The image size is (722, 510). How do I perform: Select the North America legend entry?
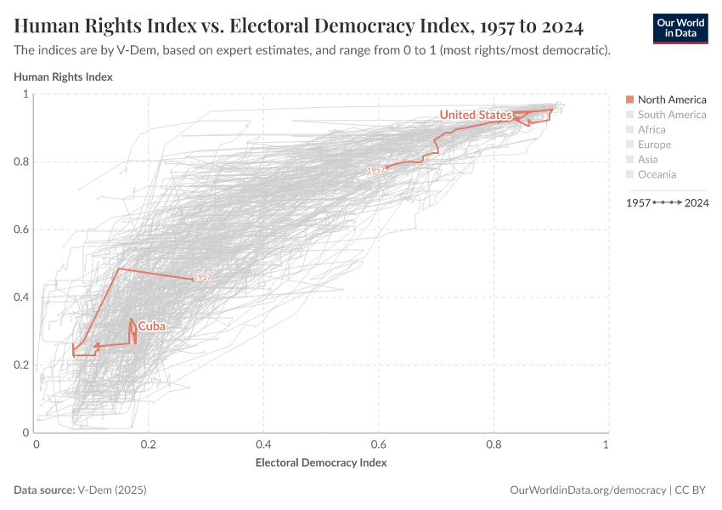click(x=671, y=99)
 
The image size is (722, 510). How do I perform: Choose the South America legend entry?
click(x=671, y=115)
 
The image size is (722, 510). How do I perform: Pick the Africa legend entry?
click(x=651, y=130)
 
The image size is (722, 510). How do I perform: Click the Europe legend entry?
click(x=654, y=145)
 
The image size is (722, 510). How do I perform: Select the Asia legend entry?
click(x=647, y=160)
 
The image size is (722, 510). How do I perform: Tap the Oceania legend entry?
click(x=657, y=175)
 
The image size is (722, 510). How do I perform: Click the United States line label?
click(x=475, y=115)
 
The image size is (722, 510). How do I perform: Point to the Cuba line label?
click(x=151, y=326)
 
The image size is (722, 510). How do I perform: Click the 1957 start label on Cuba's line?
click(x=202, y=278)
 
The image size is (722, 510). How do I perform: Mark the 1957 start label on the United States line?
click(x=375, y=170)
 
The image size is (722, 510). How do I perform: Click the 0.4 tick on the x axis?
click(x=263, y=445)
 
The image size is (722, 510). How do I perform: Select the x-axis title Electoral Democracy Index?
click(x=321, y=463)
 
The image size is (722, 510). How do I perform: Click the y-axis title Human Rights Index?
click(x=63, y=76)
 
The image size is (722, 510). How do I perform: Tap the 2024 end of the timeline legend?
click(x=697, y=203)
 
